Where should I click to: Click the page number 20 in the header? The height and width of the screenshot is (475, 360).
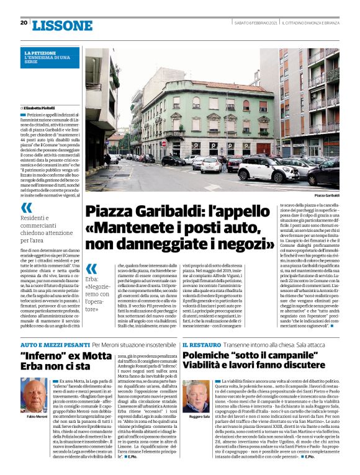coord(24,23)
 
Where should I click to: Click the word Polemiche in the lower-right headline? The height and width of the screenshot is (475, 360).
coord(211,356)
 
